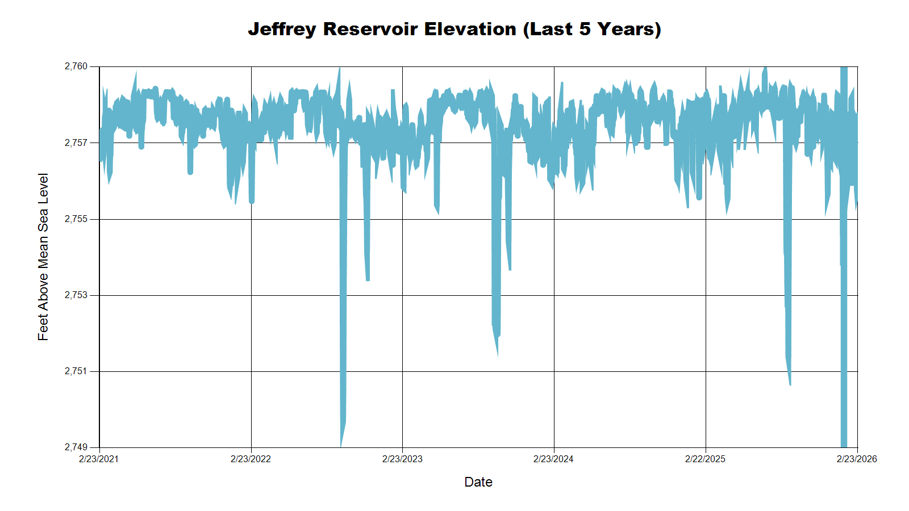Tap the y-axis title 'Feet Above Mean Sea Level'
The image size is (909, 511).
coord(43,257)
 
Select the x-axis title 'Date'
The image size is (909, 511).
coord(478,482)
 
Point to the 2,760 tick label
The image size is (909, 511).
coord(76,66)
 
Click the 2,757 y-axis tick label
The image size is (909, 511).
coord(76,143)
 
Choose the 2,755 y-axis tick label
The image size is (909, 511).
coord(76,219)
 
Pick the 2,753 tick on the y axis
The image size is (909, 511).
coord(76,295)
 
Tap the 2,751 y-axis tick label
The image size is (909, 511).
coord(76,371)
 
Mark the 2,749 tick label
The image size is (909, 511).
coord(76,447)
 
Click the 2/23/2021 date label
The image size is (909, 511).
coord(99,459)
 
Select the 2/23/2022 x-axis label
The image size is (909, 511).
coord(251,459)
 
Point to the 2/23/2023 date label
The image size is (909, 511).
coord(402,459)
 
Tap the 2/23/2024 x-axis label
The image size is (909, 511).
coord(553,459)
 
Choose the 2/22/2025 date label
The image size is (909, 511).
coord(705,459)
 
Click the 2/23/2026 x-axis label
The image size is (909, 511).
coord(857,459)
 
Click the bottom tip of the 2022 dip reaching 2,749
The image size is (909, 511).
coord(341,446)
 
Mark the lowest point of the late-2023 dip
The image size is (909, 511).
coord(498,355)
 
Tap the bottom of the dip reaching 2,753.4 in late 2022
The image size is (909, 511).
coord(368,279)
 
